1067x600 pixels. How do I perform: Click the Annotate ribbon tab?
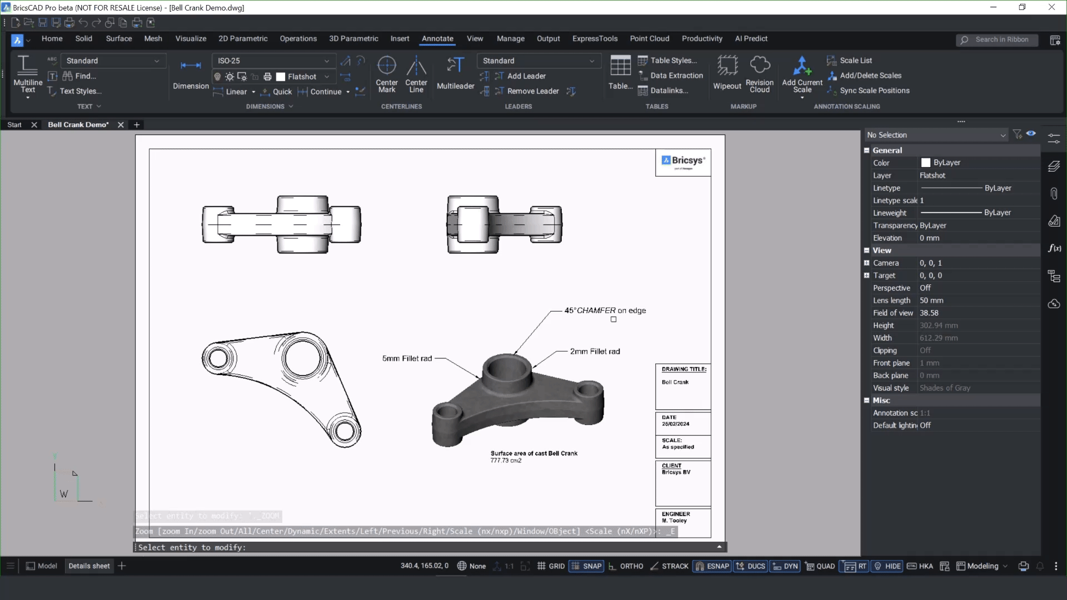pos(437,39)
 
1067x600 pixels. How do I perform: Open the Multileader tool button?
pos(455,73)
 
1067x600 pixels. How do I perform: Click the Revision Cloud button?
pos(759,73)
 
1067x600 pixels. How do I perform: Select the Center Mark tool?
pos(386,73)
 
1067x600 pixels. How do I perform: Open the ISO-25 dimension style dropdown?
pos(273,61)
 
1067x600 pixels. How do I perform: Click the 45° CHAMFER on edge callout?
pos(605,311)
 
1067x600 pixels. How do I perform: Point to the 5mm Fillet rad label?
pos(407,358)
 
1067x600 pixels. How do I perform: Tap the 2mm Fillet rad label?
pos(595,351)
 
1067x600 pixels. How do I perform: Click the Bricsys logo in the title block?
pos(683,161)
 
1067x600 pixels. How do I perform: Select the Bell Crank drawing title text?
pos(675,382)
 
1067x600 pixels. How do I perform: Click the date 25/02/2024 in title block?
pos(675,424)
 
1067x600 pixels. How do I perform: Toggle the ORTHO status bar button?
pos(626,566)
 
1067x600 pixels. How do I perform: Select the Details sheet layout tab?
pos(89,566)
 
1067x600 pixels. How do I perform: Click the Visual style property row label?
pos(891,388)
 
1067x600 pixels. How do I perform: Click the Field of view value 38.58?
pos(929,313)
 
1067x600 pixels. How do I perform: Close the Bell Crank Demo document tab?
pos(121,125)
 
